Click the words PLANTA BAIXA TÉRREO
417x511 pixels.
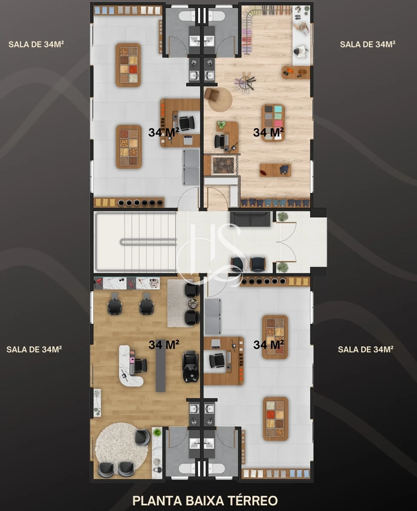pos(205,501)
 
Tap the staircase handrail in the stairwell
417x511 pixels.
pos(148,242)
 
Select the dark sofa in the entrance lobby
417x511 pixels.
pos(250,219)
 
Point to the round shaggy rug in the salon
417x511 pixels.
pos(121,450)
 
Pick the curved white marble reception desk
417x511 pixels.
pos(130,366)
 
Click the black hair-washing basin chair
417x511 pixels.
pos(190,366)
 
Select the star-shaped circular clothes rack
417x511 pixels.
pos(245,81)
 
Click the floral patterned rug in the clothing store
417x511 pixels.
pos(224,165)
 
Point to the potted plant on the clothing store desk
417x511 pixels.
pos(221,125)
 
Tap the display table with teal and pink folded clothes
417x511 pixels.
pos(273,123)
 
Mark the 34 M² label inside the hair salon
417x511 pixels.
pos(164,344)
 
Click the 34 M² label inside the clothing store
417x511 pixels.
pos(268,132)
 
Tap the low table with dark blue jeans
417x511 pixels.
pos(275,170)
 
